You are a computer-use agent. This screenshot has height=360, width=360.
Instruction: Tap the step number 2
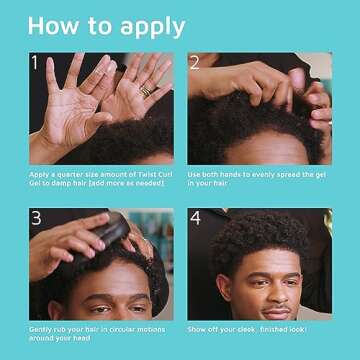pyautogui.click(x=195, y=64)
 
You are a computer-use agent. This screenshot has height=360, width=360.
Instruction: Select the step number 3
pyautogui.click(x=37, y=219)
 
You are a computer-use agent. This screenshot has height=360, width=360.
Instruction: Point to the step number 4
pyautogui.click(x=196, y=219)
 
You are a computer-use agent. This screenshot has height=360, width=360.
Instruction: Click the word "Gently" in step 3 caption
pyautogui.click(x=41, y=329)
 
